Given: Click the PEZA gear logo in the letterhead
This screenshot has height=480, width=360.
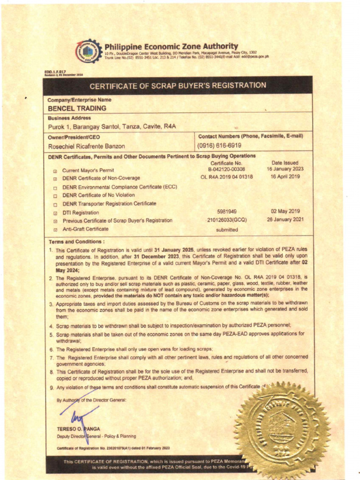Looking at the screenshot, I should (x=88, y=51).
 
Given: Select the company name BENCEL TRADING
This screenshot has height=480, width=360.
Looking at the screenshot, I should (x=77, y=108).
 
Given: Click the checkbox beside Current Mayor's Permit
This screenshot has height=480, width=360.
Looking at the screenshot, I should (x=55, y=171).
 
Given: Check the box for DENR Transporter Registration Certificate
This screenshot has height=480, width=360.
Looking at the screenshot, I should (x=55, y=204).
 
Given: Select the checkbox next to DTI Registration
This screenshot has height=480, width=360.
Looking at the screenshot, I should (x=55, y=213).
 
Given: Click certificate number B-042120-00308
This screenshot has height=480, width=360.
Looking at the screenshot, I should (x=226, y=169).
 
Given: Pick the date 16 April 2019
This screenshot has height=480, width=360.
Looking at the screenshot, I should (x=285, y=177).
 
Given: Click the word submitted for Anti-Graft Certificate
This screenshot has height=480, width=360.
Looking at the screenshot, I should (x=227, y=230).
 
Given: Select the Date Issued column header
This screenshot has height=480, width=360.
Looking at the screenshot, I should (x=285, y=163).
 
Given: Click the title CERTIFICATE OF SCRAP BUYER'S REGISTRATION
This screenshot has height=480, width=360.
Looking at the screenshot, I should (x=178, y=86).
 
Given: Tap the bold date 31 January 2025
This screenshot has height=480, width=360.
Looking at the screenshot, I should (x=174, y=251).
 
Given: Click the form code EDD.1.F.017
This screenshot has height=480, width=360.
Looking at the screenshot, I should (x=55, y=72).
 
